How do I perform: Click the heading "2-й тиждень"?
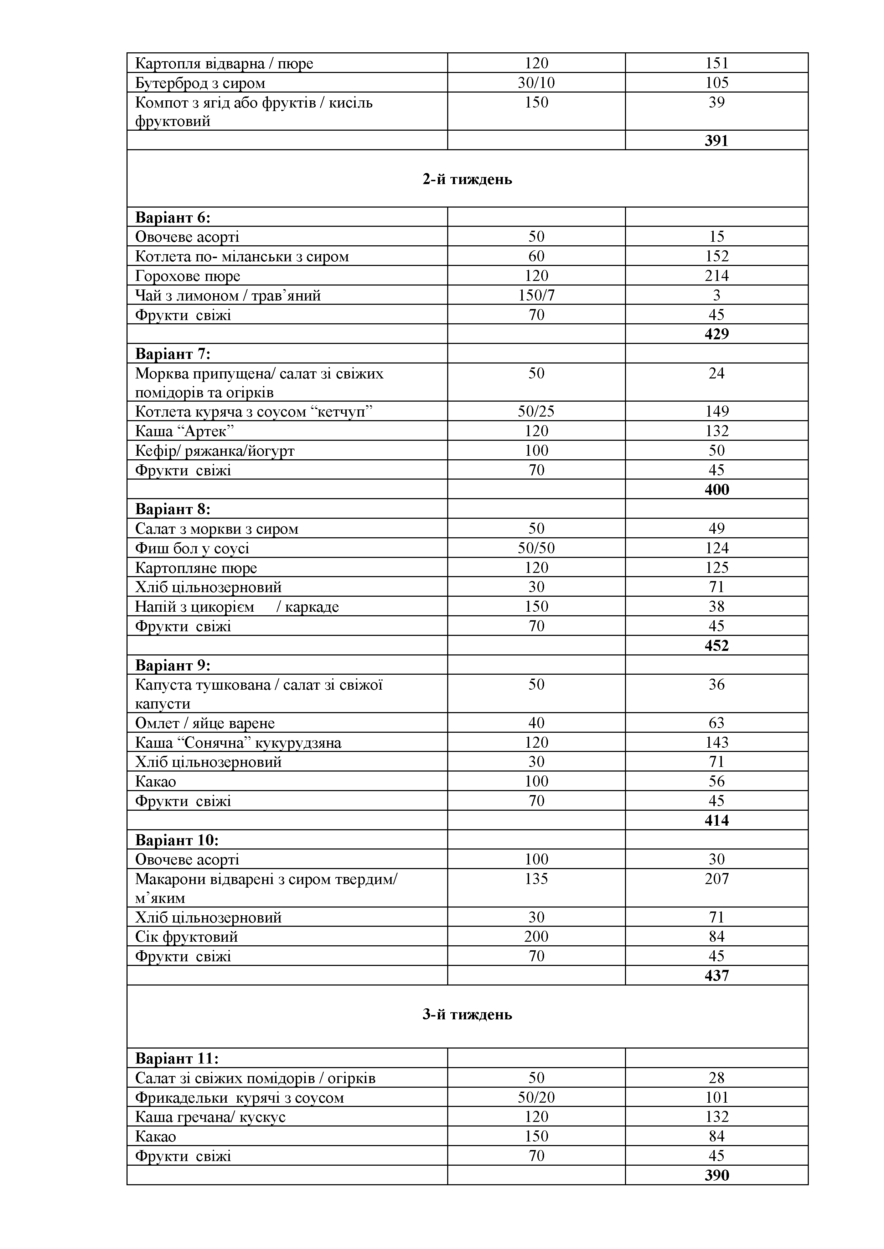(467, 179)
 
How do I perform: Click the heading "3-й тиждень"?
(467, 1014)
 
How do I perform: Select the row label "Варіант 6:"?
(172, 218)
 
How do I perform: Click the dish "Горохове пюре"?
(187, 276)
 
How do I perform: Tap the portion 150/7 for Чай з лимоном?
(536, 296)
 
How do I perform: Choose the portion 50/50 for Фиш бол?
(536, 548)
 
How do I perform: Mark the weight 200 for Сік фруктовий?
(536, 937)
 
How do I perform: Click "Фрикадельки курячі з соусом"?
(239, 1098)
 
